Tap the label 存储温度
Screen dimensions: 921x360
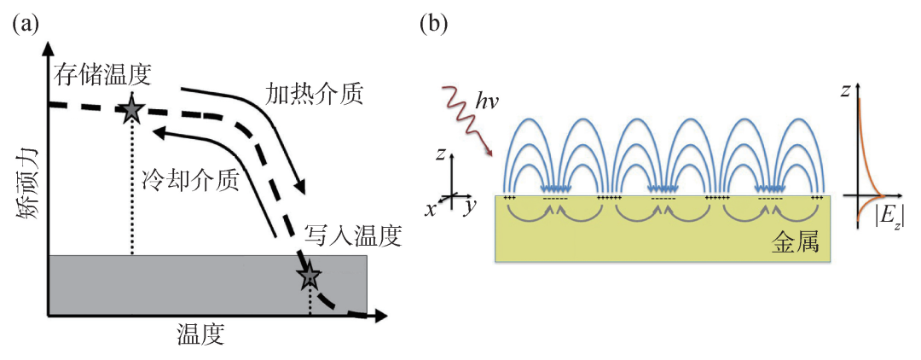tap(103, 74)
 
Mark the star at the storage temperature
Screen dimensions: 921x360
tap(132, 109)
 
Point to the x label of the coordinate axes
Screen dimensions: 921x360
tap(432, 209)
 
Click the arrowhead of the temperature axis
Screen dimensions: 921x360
tap(380, 316)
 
